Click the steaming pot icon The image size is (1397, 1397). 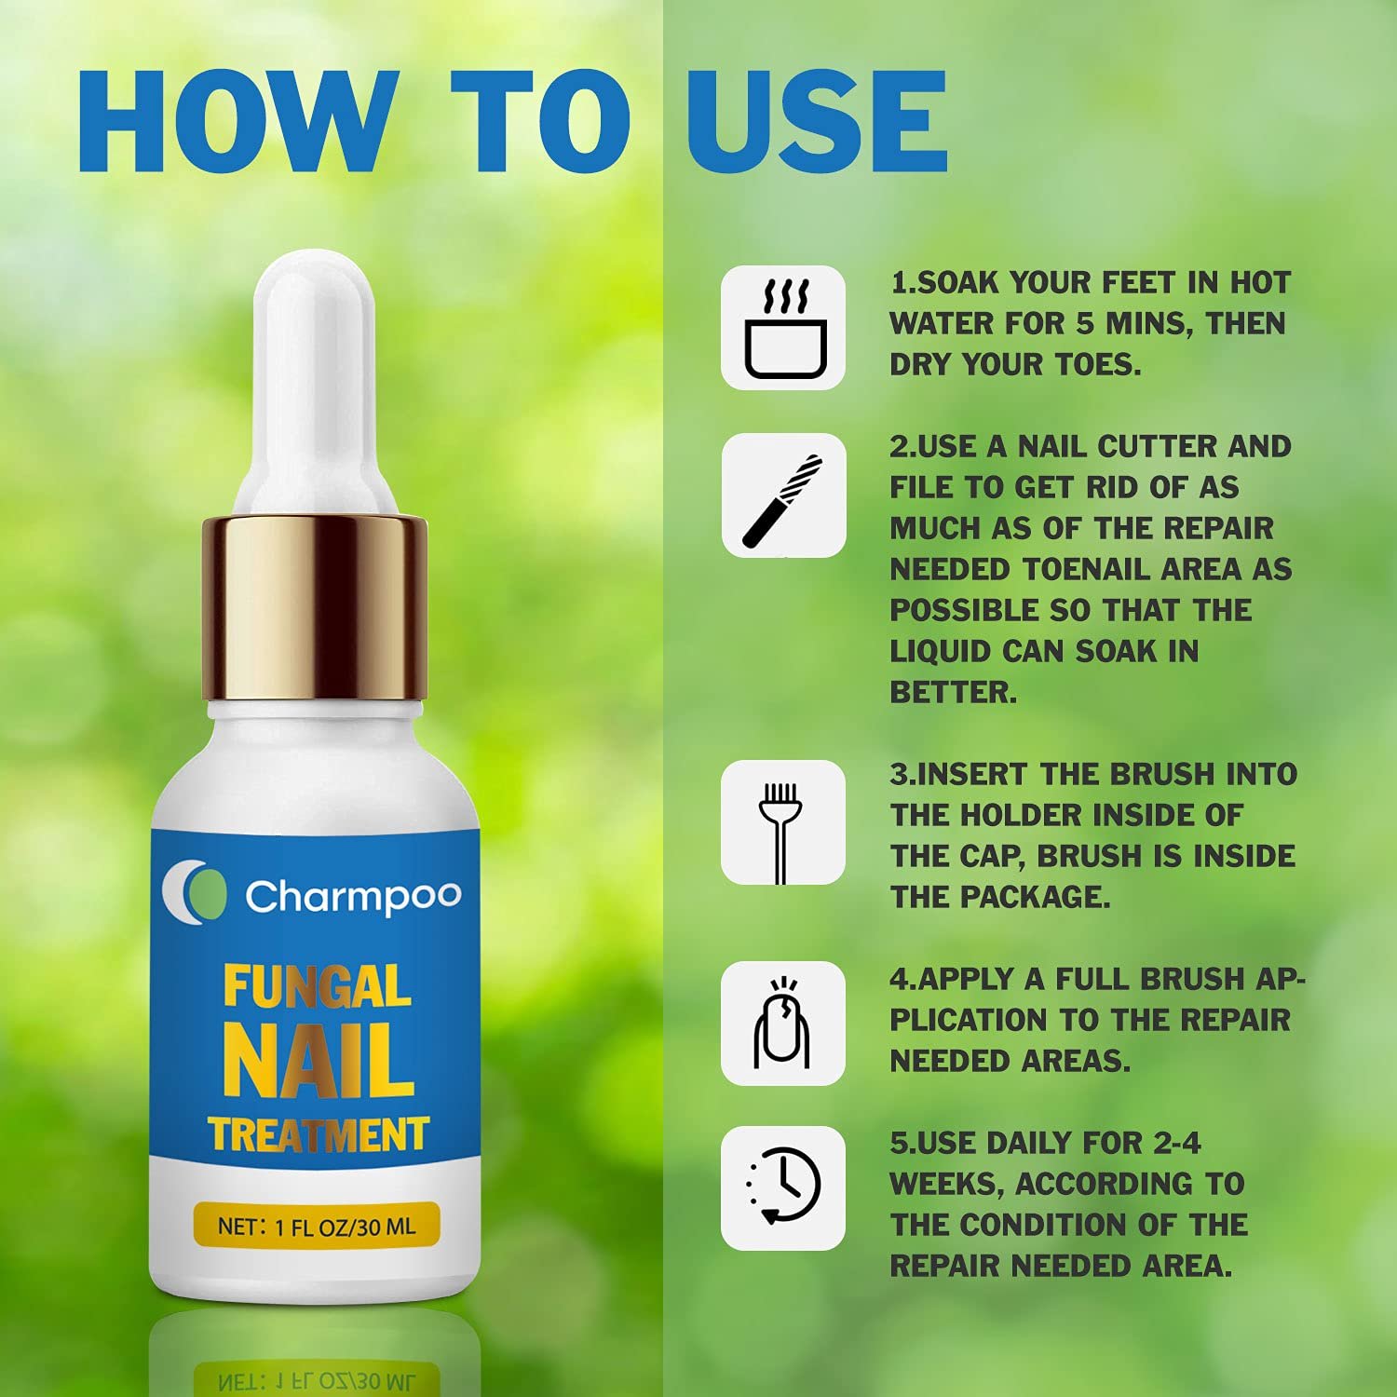point(783,328)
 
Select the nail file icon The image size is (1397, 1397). point(783,496)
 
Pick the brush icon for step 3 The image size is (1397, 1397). point(781,822)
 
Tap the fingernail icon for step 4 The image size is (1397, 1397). point(782,1024)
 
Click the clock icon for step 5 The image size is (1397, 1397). point(783,1187)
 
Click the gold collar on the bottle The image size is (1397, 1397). point(315,605)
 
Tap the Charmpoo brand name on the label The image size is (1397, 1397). point(353,896)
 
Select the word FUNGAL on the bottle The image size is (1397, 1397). point(317,987)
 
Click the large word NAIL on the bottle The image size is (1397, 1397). point(318,1062)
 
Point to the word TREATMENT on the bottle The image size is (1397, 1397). point(318,1135)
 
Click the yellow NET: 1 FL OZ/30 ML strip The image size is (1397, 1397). point(316,1227)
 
